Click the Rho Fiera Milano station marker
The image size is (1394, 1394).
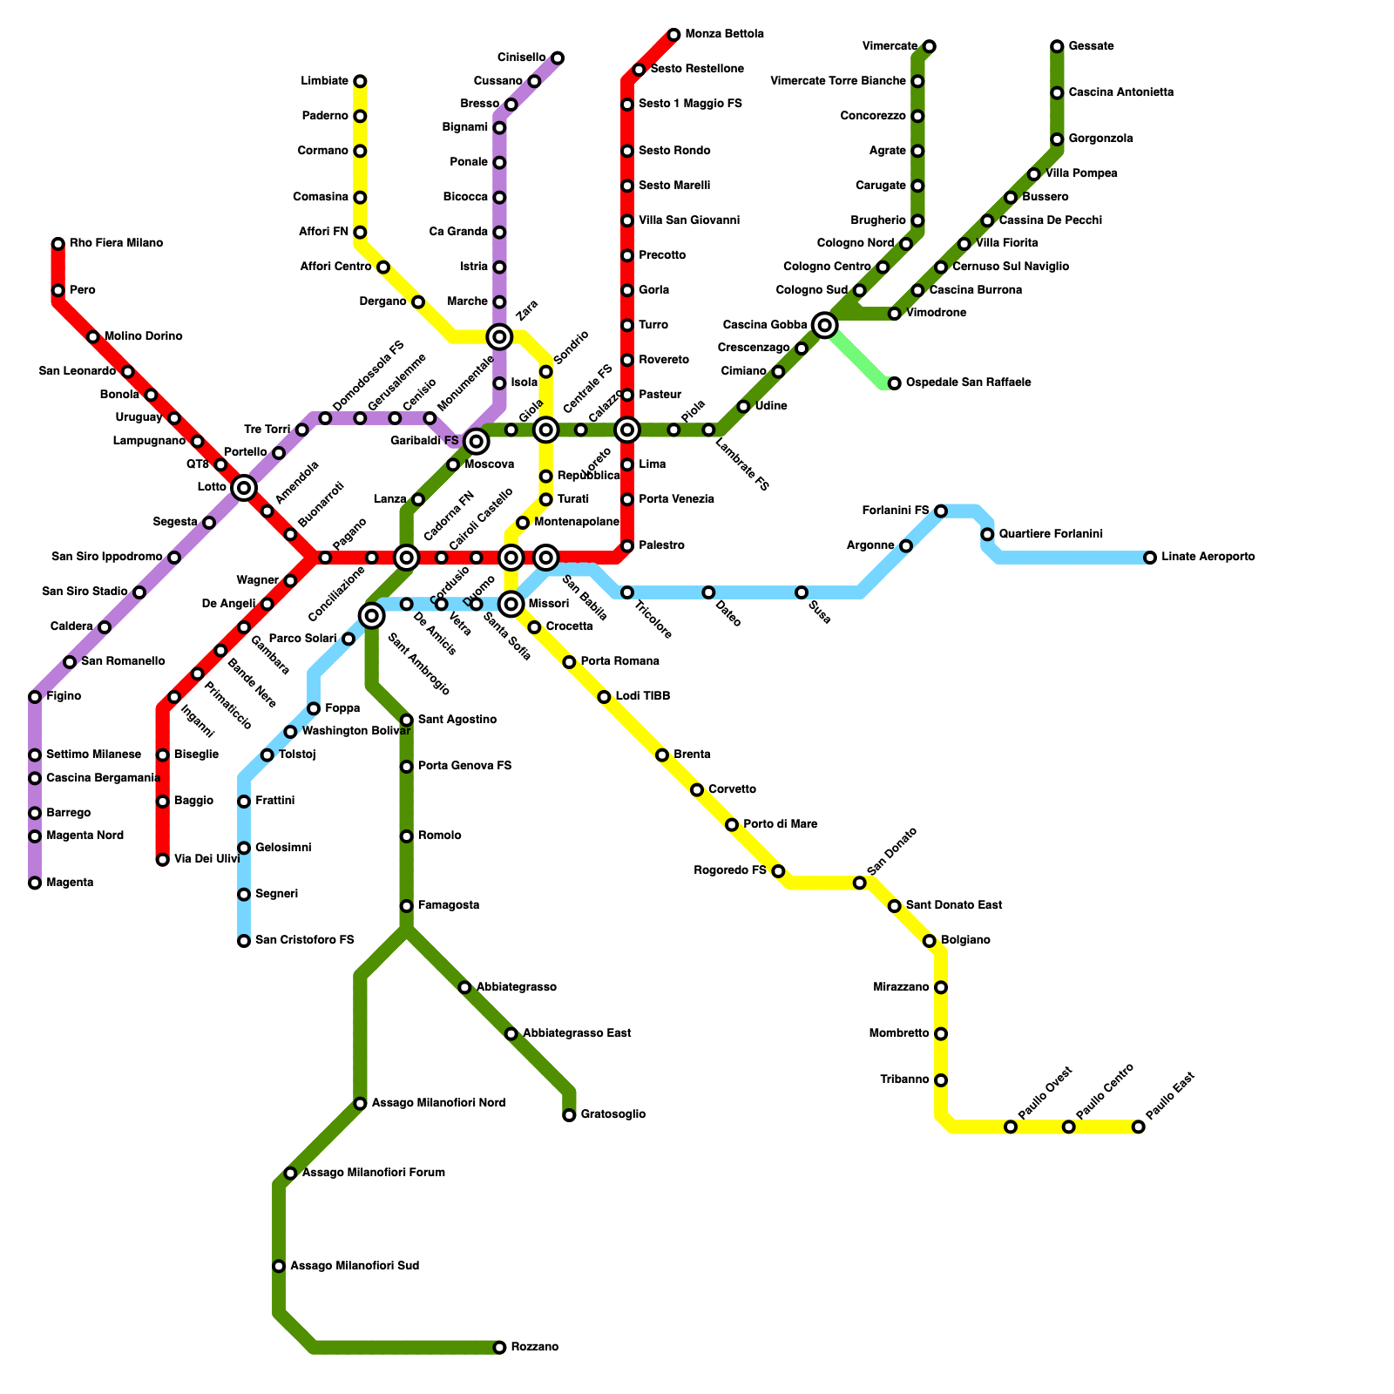(58, 244)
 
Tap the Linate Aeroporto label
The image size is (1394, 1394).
(1208, 557)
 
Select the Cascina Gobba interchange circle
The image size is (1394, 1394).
(824, 325)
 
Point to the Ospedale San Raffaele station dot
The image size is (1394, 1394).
(894, 383)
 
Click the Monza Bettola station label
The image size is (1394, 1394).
(724, 35)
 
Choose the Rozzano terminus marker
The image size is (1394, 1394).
(499, 1348)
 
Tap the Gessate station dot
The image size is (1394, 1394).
(1057, 46)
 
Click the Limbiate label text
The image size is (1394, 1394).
(324, 81)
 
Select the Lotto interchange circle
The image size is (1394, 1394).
(244, 488)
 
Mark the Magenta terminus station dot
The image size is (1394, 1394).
(35, 883)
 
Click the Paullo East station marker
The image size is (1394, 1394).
(1138, 1127)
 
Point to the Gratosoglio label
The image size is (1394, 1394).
(612, 1114)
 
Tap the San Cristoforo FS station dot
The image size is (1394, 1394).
(244, 941)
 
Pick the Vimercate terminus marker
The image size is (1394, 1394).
(930, 46)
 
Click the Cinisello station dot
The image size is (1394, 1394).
(558, 58)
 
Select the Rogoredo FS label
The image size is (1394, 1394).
(730, 870)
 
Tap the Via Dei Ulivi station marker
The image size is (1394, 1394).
(163, 860)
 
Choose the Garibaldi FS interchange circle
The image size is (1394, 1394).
(476, 442)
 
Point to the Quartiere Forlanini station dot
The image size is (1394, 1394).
(987, 534)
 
